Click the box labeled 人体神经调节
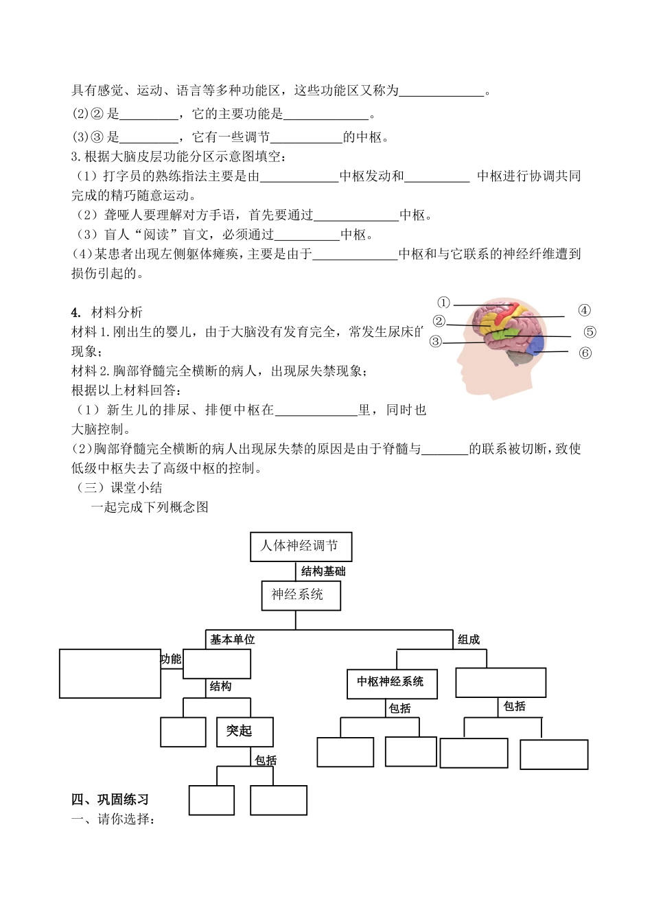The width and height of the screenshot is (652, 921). [301, 546]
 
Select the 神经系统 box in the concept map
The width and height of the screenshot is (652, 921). [301, 595]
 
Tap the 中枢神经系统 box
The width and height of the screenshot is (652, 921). [391, 683]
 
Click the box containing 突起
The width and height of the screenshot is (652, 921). [244, 732]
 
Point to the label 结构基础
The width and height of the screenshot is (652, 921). [323, 571]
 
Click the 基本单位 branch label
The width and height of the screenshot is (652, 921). [232, 640]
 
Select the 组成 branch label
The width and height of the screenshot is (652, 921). [469, 640]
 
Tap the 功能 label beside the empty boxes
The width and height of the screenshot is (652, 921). [171, 660]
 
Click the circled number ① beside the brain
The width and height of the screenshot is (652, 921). [444, 303]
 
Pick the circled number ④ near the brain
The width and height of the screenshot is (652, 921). [584, 310]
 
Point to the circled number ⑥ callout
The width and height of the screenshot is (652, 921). [585, 353]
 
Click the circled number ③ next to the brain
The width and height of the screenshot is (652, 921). [436, 342]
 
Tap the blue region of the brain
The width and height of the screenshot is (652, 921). [537, 344]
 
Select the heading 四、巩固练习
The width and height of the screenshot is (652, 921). [110, 800]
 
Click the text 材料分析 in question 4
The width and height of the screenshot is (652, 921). [117, 313]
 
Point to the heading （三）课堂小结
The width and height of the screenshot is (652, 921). [117, 488]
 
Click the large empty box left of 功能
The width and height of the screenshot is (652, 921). [110, 673]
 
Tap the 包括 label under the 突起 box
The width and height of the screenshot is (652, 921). [266, 760]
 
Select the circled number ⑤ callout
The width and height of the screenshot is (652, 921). [590, 332]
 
